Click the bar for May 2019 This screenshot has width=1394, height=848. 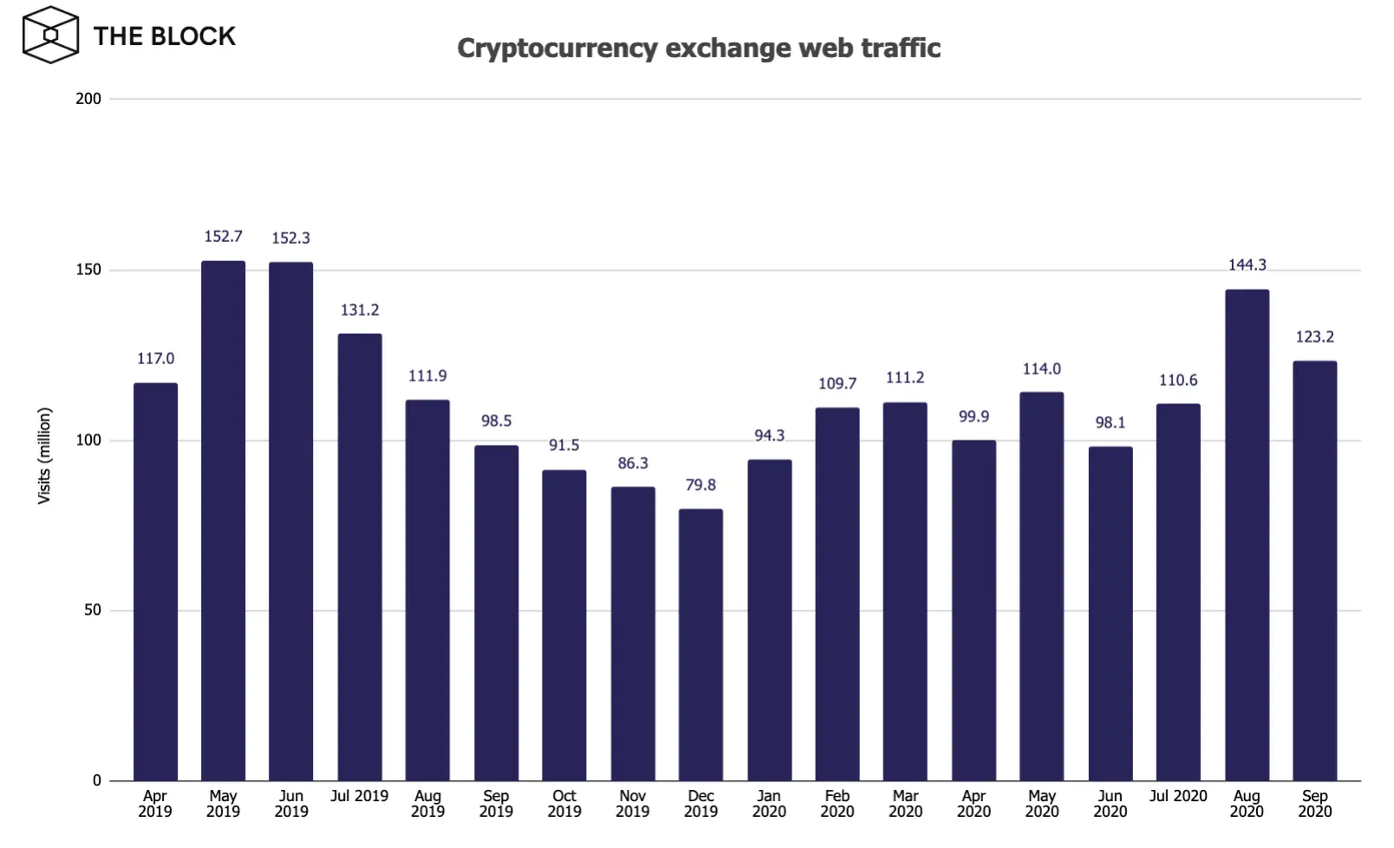(x=223, y=520)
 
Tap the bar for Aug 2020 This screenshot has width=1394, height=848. (x=1247, y=535)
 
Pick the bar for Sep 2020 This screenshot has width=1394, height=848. (x=1314, y=571)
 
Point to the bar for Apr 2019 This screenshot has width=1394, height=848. (x=155, y=581)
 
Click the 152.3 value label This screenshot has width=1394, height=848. (x=290, y=238)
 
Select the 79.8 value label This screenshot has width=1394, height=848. (x=700, y=485)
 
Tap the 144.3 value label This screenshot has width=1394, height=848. (x=1247, y=264)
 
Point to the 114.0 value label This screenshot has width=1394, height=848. (x=1041, y=369)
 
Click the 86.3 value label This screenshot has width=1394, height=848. (x=633, y=463)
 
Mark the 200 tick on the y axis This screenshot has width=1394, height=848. (x=88, y=99)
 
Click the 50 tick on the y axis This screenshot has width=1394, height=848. (x=93, y=610)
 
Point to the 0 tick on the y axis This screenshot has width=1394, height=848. (x=97, y=780)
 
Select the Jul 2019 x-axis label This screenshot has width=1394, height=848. (x=359, y=796)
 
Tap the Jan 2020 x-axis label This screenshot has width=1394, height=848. (x=769, y=804)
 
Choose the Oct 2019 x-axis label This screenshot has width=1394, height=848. (x=564, y=804)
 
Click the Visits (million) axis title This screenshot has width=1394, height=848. (x=44, y=455)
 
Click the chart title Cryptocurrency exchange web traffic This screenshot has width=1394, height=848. (x=699, y=48)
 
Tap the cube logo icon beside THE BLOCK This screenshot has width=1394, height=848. (x=50, y=35)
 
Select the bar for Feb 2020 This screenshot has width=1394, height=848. (x=837, y=594)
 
